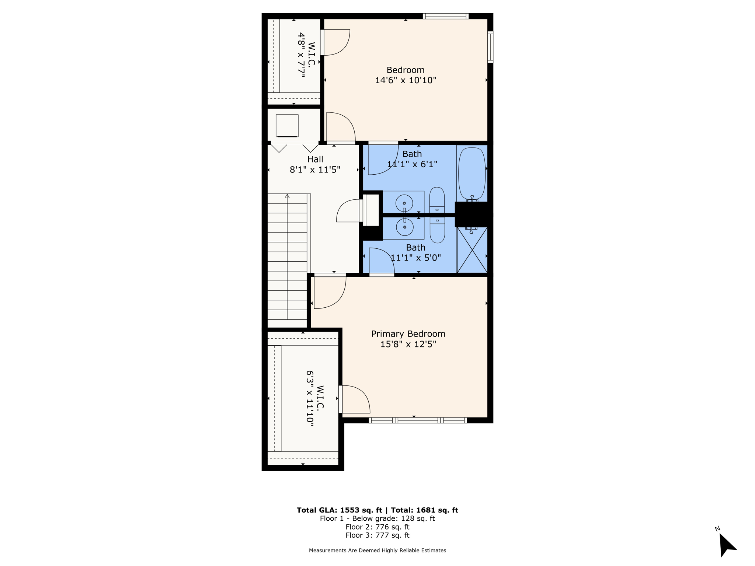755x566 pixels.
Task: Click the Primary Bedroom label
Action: pos(408,334)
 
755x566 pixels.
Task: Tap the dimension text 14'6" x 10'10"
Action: pos(406,80)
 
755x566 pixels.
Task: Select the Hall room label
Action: pos(315,159)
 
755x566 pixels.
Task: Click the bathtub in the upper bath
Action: pos(472,173)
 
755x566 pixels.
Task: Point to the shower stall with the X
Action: pos(472,250)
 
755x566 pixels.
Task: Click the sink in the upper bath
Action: pos(404,203)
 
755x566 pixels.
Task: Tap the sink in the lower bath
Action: pos(404,227)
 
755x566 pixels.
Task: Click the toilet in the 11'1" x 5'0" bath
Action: pos(437,230)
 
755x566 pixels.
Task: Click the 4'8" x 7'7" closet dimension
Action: pos(302,55)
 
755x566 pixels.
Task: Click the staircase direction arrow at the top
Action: pos(287,196)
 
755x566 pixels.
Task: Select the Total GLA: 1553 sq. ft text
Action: pos(340,510)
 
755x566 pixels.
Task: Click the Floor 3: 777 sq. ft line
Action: pos(377,535)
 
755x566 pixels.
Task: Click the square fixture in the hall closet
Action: pos(287,126)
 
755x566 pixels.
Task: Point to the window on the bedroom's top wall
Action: pos(445,16)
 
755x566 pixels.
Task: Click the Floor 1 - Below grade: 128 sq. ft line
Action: pos(377,519)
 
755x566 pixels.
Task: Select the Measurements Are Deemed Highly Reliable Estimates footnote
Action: pos(377,551)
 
